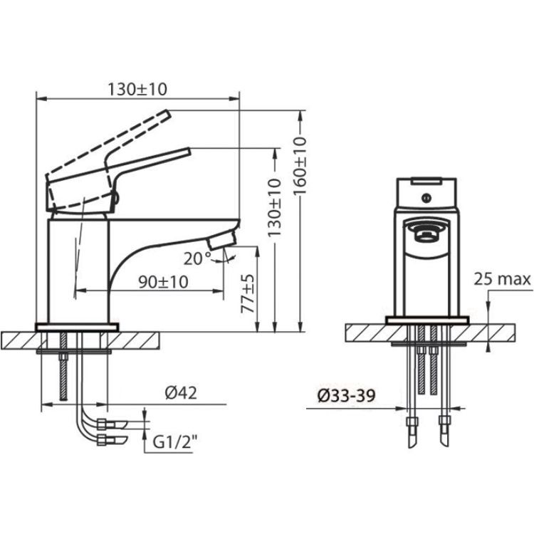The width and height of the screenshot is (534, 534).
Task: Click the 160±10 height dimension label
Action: pos(300,165)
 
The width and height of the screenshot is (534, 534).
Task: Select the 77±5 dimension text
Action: pos(248,293)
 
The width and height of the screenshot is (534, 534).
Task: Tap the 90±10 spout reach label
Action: pos(164,282)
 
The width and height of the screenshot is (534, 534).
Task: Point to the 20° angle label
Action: pos(197,259)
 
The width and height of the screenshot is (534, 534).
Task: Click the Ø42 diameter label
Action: pos(181,393)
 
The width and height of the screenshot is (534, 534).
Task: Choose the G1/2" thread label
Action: pos(174,443)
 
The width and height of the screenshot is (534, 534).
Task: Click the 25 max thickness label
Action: pos(503,279)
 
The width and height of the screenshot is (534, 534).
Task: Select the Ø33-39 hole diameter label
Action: pos(346,396)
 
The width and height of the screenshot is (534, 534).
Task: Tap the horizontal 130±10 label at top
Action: pos(137,90)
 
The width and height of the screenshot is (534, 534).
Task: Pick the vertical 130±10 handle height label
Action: pos(275,207)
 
